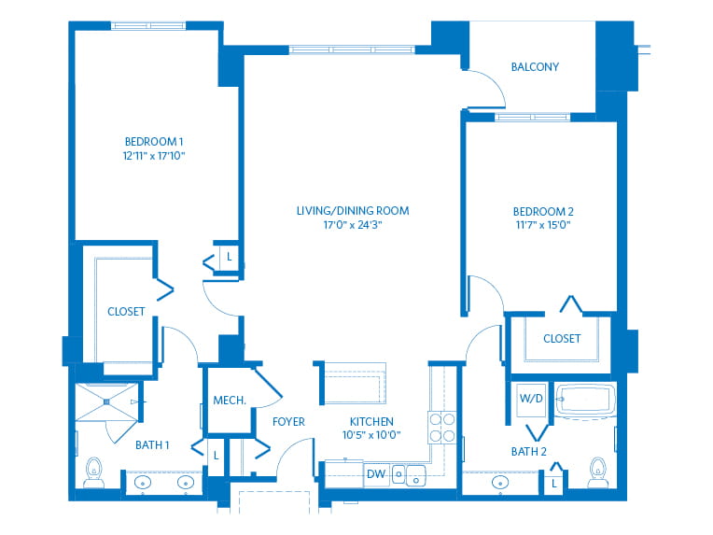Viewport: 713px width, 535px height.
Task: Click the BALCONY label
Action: tap(535, 67)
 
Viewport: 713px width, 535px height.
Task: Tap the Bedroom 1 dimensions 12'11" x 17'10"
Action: tap(154, 156)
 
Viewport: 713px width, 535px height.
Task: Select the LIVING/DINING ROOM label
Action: tap(353, 211)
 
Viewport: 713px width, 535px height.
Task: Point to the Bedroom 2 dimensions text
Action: tap(543, 225)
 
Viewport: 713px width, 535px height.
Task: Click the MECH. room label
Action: tap(230, 401)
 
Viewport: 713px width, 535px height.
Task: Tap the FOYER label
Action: tap(288, 422)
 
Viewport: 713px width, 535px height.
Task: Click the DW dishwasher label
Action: tap(376, 474)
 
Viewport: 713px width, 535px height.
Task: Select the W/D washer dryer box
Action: tap(531, 400)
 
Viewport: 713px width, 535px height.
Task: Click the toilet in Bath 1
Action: tap(94, 472)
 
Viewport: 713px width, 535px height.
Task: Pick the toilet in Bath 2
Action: tap(597, 472)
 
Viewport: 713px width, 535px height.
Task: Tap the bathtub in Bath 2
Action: tap(585, 401)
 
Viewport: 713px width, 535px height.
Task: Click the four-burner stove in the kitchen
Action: tap(441, 428)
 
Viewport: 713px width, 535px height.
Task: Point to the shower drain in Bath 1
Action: tap(106, 402)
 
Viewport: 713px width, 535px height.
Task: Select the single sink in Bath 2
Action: tap(499, 482)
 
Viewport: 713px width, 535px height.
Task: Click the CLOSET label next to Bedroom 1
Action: tap(126, 312)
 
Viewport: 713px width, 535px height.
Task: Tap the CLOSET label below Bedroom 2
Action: tap(562, 339)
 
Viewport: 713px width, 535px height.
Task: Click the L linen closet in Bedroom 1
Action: tap(230, 258)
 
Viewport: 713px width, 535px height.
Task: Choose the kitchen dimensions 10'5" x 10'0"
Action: tap(371, 435)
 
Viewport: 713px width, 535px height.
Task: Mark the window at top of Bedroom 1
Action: tap(148, 25)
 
